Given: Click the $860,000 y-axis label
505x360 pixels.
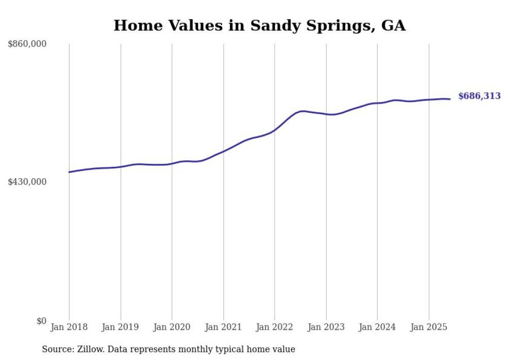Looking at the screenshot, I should [x=27, y=44].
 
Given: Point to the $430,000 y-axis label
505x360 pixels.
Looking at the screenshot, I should [x=27, y=182].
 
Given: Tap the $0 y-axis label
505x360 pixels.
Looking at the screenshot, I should [x=41, y=321].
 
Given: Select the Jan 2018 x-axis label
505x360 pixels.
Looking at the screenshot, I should [x=69, y=327].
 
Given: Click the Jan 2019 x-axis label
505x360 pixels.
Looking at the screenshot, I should [x=121, y=327].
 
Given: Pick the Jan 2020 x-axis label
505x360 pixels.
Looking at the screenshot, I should [x=172, y=327].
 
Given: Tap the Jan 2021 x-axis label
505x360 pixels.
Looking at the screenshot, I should [x=223, y=327].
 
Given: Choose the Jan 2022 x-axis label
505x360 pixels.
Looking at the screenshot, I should [x=275, y=327].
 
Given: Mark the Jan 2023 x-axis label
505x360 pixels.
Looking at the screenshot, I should [x=326, y=327].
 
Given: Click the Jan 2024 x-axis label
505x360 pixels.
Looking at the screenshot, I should [x=377, y=327].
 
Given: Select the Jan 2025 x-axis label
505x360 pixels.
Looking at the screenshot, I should [x=429, y=327].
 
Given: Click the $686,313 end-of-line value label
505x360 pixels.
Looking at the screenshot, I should [x=479, y=96].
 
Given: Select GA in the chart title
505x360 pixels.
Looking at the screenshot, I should [x=393, y=26].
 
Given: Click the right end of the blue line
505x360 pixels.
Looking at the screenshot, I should [x=450, y=99].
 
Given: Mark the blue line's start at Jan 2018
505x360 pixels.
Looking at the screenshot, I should [x=69, y=172].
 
